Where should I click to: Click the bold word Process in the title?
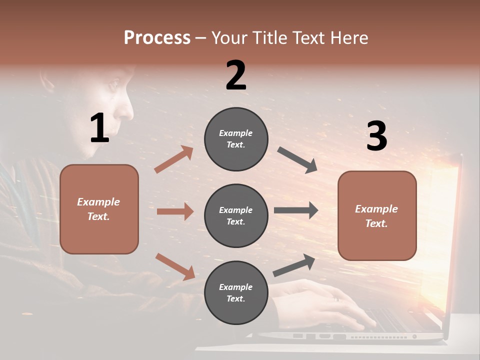pos(157,37)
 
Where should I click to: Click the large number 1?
pos(99,128)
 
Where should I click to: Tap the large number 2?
pos(236,75)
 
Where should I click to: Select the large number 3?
pos(376,136)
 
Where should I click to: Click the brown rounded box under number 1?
pos(99,209)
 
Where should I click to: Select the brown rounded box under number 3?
pos(377,215)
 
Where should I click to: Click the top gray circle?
pos(236,139)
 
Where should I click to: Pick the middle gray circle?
pos(236,215)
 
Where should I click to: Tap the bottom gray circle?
pos(236,292)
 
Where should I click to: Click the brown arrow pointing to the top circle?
pos(174,159)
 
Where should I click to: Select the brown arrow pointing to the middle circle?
pos(175,211)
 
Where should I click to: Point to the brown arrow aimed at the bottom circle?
pos(175,266)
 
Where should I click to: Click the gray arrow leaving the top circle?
pos(297,159)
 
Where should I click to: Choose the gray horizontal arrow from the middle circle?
pos(295,210)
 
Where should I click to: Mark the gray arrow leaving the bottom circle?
pos(294,265)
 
